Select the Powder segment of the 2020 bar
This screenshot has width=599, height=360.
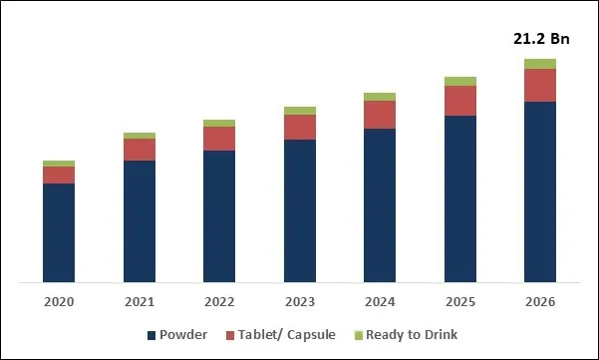59,232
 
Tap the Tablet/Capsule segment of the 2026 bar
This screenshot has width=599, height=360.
540,85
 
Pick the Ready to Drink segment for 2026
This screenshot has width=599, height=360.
540,64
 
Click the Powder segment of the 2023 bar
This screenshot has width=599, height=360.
300,210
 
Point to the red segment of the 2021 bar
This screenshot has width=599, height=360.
140,150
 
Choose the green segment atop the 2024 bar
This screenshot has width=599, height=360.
380,97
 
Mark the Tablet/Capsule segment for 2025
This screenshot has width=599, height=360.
460,101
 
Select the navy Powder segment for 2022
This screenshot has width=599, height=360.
219,216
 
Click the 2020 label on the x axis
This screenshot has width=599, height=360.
59,302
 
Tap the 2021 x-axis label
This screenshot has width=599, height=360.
140,302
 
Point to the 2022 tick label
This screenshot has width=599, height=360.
219,302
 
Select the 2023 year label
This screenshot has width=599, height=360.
300,302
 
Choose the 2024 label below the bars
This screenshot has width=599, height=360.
380,302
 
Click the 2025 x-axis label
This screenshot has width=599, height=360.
460,302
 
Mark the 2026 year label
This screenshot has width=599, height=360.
540,302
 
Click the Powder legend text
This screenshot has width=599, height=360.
183,334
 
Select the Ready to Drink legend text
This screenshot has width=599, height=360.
412,334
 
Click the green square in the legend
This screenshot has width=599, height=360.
359,335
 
